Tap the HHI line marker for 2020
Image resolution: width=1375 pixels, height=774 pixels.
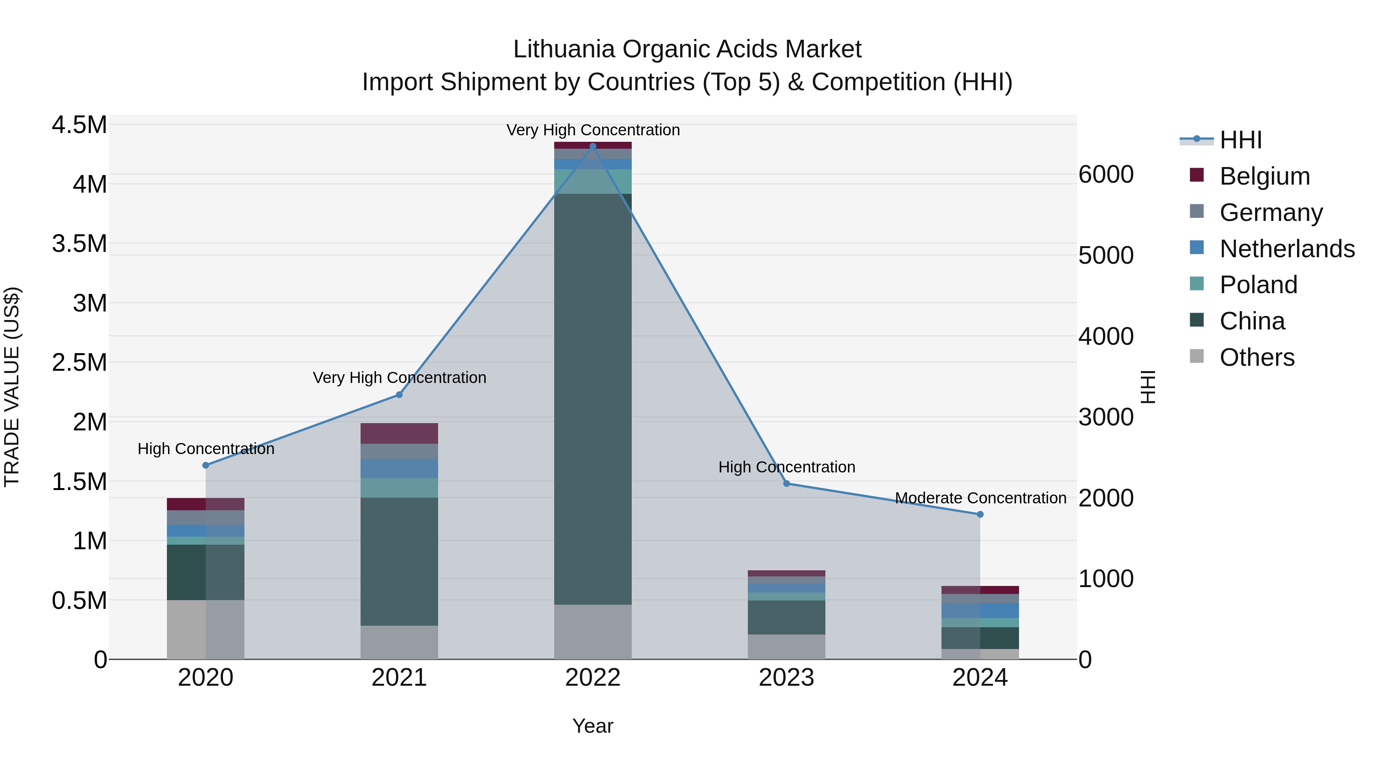click(205, 465)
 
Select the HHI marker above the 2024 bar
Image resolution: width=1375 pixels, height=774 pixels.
click(980, 514)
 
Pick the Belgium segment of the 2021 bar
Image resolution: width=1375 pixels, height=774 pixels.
click(399, 433)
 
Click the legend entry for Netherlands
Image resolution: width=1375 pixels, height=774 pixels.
click(1287, 249)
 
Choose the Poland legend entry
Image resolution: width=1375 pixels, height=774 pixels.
click(1258, 285)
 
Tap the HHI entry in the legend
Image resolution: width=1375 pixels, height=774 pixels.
click(1241, 140)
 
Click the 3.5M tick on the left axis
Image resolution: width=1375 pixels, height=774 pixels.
click(79, 244)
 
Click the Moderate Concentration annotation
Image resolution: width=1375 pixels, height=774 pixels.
click(980, 498)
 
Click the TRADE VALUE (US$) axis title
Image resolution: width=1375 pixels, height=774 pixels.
click(12, 387)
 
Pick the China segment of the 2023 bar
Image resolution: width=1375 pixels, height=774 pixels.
click(786, 618)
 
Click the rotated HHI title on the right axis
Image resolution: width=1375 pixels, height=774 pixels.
click(1148, 387)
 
